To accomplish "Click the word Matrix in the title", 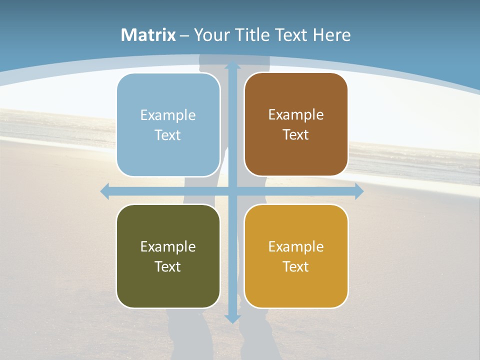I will click(x=148, y=35).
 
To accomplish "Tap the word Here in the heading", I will click(x=332, y=35).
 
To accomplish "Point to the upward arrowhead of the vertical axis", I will click(x=232, y=65).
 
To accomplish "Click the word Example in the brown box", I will click(x=296, y=115).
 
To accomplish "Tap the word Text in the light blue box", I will click(x=167, y=135).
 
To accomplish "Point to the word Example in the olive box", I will click(x=168, y=246).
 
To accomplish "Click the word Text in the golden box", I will click(x=296, y=267).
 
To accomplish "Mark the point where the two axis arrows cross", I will click(x=232, y=191).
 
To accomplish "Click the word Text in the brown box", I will click(x=296, y=135).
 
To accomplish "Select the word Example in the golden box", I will click(x=296, y=246).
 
